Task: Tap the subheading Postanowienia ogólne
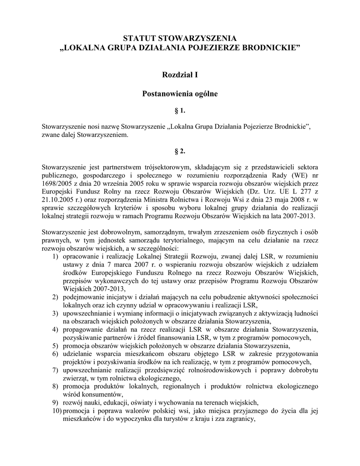pos(180,94)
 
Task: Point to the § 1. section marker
pos(180,111)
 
